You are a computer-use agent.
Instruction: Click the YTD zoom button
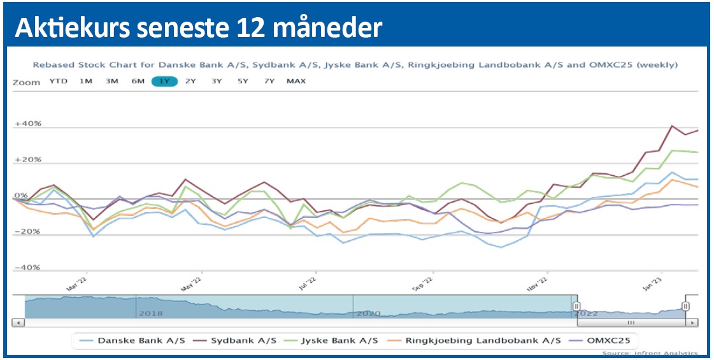click(x=58, y=81)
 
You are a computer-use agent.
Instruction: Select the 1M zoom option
click(x=85, y=81)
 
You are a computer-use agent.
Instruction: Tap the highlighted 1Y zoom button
click(x=164, y=81)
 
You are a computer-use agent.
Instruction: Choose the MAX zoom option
click(x=296, y=81)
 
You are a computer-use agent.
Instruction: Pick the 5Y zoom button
click(x=243, y=81)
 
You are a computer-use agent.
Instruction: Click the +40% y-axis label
click(x=27, y=124)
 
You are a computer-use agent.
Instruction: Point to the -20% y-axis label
click(x=27, y=232)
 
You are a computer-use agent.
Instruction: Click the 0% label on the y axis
click(x=22, y=196)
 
